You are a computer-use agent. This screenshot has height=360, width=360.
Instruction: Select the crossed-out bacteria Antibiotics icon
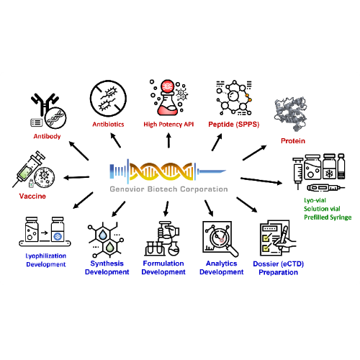point(108,101)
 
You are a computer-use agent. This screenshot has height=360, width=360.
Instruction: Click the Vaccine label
point(32,195)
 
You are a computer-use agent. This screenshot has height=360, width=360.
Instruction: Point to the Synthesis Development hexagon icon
point(107,239)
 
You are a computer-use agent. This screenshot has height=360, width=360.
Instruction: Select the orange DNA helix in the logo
point(168,171)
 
